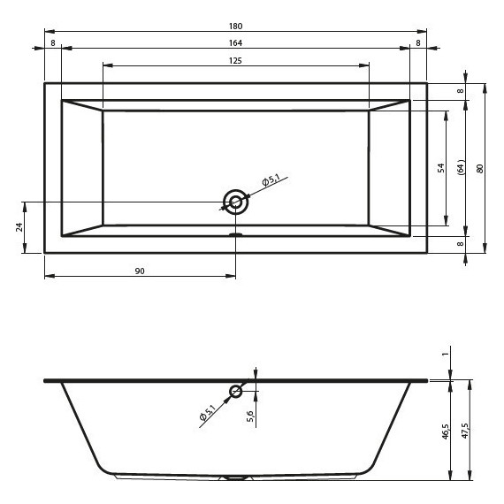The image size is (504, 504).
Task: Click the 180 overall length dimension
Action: pos(235,26)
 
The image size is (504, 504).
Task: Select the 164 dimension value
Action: pos(235,43)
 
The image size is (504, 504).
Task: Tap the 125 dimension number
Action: pos(235,61)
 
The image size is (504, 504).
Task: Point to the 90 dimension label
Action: pos(140,271)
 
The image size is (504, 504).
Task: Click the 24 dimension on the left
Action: pos(19,227)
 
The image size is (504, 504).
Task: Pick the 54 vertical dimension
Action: pos(441,168)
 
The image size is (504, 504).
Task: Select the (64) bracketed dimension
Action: pos(461,167)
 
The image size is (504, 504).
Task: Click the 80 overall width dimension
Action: pos(479,169)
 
